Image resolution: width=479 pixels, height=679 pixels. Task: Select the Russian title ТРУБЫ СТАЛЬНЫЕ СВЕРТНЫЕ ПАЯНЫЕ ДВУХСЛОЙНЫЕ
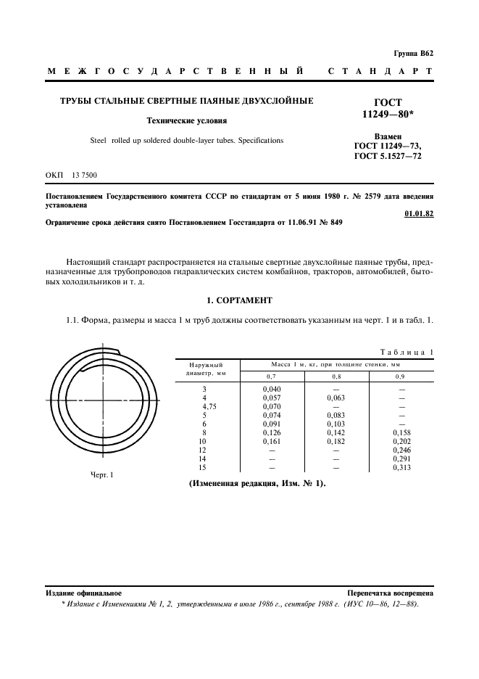[186, 101]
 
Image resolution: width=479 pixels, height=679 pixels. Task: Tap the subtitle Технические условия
[186, 121]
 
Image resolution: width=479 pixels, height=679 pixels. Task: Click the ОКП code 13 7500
[85, 176]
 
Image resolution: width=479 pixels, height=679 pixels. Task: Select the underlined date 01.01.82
[418, 213]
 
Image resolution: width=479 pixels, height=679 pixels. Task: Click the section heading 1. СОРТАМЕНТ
[238, 299]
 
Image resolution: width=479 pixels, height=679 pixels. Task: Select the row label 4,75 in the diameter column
[208, 407]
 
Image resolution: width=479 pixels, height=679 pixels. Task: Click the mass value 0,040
[271, 390]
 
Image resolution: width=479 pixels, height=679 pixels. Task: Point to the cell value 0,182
[336, 442]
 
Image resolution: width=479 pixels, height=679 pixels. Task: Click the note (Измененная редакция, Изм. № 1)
[257, 483]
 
